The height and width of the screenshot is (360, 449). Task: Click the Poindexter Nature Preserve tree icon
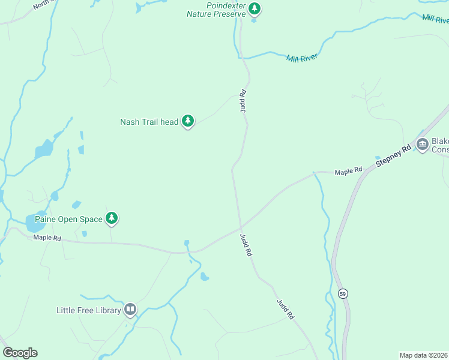coord(255,8)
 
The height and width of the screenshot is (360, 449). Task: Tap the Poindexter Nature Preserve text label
coord(215,9)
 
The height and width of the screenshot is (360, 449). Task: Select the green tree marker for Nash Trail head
coord(188,121)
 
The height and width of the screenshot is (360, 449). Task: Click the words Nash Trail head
coord(149,122)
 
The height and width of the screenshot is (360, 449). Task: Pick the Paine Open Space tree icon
coord(111,218)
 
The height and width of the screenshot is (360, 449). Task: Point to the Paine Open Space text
coord(68,219)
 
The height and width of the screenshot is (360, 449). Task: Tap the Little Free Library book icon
coord(130,310)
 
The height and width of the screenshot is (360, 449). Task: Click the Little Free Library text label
coord(89,310)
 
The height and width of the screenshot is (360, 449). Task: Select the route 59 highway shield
coord(343,293)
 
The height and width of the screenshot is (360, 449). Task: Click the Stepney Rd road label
coord(394,155)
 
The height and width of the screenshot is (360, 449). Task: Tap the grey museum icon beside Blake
coord(422,143)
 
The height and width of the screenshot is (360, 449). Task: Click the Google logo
coord(20,353)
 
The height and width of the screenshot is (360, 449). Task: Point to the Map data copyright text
coord(423,355)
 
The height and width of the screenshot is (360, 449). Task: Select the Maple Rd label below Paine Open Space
coord(47,238)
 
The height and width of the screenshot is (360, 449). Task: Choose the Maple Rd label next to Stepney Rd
coord(349,172)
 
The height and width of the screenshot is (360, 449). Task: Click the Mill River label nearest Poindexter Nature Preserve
coord(301,58)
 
